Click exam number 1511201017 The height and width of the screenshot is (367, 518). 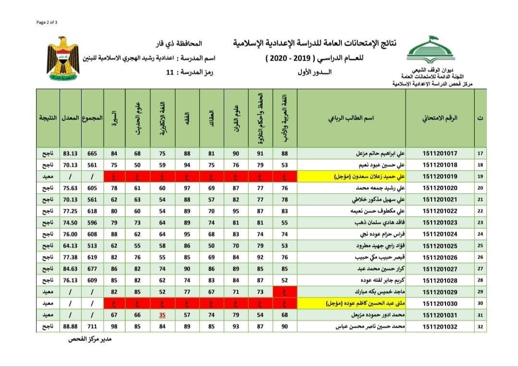pyautogui.click(x=440, y=154)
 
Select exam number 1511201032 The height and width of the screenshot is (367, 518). pyautogui.click(x=440, y=326)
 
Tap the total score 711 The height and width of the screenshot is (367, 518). pyautogui.click(x=92, y=326)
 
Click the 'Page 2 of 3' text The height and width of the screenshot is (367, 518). pyautogui.click(x=47, y=22)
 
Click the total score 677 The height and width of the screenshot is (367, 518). pyautogui.click(x=92, y=269)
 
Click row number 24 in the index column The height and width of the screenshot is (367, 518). pyautogui.click(x=481, y=234)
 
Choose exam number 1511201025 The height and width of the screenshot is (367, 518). pyautogui.click(x=440, y=245)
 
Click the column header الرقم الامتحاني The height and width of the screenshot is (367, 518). pyautogui.click(x=440, y=118)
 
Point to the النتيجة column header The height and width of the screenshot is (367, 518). pyautogui.click(x=48, y=118)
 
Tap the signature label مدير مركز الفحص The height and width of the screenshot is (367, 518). pyautogui.click(x=89, y=339)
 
